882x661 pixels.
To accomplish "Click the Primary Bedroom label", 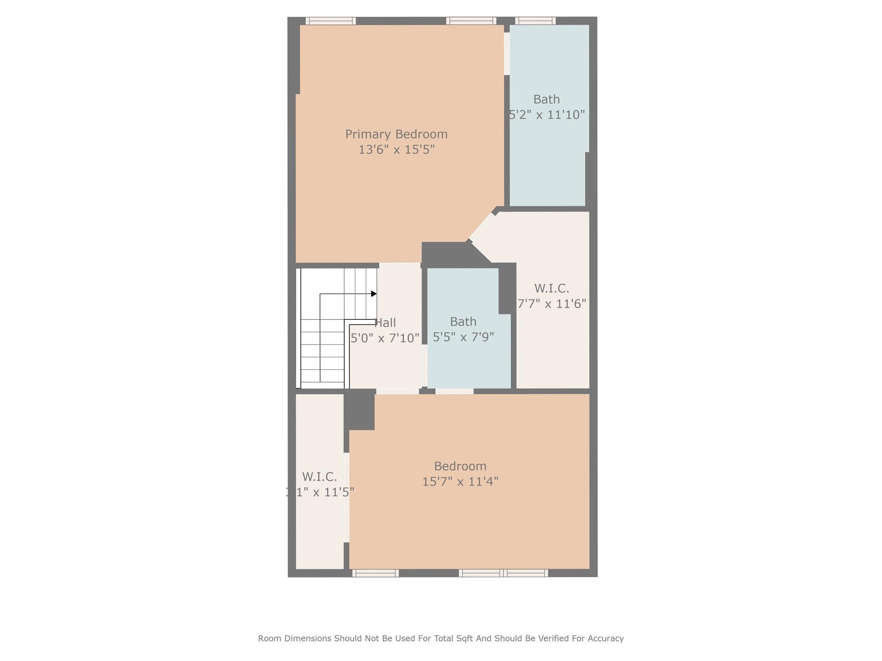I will pos(396,134).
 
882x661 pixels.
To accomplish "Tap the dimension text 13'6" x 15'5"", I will pos(396,150).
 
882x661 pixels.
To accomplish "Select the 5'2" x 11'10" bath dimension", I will pos(547,115).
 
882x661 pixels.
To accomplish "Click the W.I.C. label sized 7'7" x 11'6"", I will pos(551,288).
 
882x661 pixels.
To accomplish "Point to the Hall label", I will pos(385,323).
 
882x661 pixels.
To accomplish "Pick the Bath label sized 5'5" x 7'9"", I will pos(463,321).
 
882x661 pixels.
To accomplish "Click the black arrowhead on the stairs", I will pos(374,294).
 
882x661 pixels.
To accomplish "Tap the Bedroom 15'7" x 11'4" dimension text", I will pos(460,482).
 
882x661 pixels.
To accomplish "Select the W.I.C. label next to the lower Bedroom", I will pos(319,477).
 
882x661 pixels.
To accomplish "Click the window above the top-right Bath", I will pos(535,21).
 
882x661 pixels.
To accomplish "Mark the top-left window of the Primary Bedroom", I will pos(330,21).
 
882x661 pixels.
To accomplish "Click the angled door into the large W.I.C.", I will pos(481,227).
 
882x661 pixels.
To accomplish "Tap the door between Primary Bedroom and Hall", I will pos(400,266).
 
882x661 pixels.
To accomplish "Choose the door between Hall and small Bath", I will pos(424,365).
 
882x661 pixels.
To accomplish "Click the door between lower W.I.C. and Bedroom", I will pos(346,497).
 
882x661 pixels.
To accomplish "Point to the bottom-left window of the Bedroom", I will pos(375,573).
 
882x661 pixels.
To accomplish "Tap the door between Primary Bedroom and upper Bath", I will pos(507,54).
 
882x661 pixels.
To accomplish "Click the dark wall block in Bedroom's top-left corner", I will pos(360,411).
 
